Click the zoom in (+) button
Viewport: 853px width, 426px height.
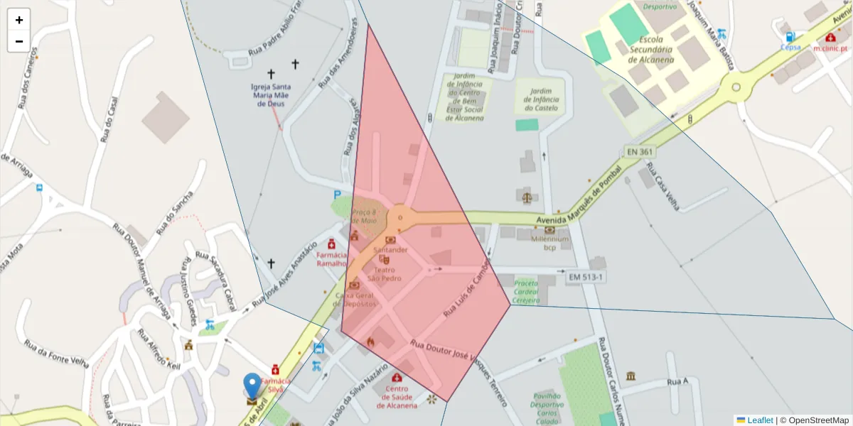coord(19,20)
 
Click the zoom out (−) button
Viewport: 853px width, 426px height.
coord(19,41)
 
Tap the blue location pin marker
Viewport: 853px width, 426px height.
coord(252,388)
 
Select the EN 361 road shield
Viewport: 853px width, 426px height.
coord(640,151)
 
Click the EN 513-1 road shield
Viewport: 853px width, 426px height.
coord(586,276)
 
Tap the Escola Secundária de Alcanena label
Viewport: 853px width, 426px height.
coord(656,50)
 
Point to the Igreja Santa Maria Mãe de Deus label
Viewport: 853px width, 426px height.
coord(271,95)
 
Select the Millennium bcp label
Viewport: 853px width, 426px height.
coord(549,244)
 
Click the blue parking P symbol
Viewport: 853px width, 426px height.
coord(337,195)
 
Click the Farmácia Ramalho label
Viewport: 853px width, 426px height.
coord(331,258)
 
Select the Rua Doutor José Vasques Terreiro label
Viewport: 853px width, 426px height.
coord(458,366)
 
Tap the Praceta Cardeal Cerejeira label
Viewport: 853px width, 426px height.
coord(526,291)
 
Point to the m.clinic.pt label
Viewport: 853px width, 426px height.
coord(830,48)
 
